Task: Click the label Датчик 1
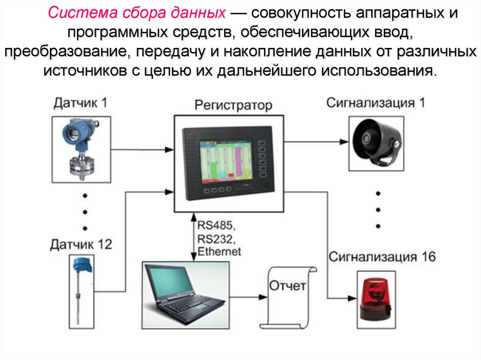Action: click(80, 102)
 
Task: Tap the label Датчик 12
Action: click(81, 244)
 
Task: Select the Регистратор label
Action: click(233, 105)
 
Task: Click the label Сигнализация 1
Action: click(376, 103)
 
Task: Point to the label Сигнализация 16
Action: click(382, 257)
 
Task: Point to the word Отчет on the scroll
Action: click(287, 285)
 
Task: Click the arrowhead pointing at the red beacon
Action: click(351, 297)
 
